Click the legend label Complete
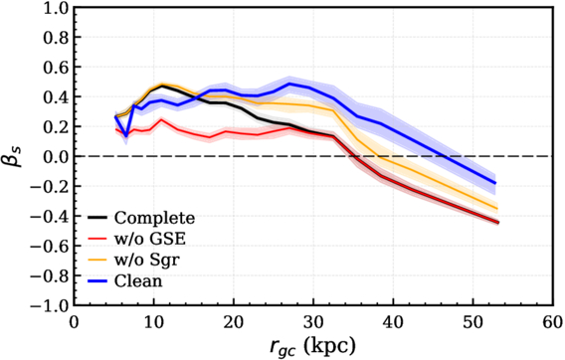click(154, 218)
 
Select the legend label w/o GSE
click(150, 239)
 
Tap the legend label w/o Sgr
click(146, 260)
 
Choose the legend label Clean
click(138, 280)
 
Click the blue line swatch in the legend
click(97, 280)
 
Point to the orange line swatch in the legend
click(97, 260)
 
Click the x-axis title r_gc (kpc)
click(312, 347)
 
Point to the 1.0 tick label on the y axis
click(56, 8)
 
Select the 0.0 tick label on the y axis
click(56, 156)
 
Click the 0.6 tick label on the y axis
click(56, 67)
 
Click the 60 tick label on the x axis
click(553, 322)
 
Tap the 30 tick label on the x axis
click(313, 322)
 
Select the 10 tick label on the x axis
click(154, 322)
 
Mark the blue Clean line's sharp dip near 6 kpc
click(126, 136)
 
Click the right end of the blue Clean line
click(495, 183)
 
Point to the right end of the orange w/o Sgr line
click(497, 209)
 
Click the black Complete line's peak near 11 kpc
click(162, 86)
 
